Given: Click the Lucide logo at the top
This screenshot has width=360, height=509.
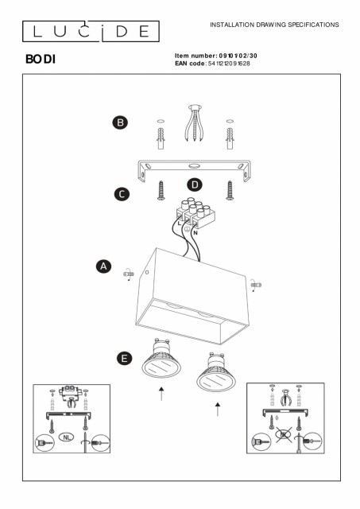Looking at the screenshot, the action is [x=91, y=32].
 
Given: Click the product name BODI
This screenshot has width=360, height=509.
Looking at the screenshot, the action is [x=41, y=59].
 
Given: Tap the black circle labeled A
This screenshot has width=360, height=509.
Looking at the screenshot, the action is [x=103, y=266].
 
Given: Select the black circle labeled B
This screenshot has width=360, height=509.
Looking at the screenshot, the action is [x=120, y=122].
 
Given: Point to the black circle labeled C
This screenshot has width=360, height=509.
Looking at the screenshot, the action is [x=122, y=194].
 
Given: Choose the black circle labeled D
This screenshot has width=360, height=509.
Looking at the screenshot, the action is [x=195, y=185].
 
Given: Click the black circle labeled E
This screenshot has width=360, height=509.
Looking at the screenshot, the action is [x=124, y=359].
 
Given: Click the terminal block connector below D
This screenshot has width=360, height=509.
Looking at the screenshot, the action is [x=195, y=213].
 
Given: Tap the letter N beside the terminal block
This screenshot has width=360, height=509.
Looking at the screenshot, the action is [x=195, y=233].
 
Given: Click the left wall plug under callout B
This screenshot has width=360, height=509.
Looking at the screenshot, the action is [x=161, y=138].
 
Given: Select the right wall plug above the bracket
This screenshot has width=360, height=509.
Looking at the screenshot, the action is [x=230, y=138].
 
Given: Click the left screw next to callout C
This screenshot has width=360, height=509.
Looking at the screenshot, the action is [x=161, y=191].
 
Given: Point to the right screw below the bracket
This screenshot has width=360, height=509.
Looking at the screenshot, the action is [x=230, y=191].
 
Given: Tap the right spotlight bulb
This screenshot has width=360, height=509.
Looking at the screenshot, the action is [x=216, y=372].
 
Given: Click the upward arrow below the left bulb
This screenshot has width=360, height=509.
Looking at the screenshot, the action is [x=161, y=394].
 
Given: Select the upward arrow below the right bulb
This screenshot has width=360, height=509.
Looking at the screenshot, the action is [x=218, y=409].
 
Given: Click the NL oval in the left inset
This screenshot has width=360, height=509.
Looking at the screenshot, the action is [x=67, y=437].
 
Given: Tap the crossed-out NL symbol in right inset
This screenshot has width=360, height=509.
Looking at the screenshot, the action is [x=284, y=435].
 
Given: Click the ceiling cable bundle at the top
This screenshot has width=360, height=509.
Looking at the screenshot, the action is [x=195, y=122].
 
